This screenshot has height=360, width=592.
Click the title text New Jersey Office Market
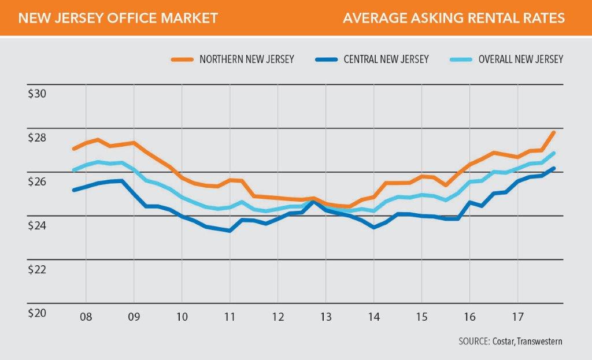click(x=118, y=18)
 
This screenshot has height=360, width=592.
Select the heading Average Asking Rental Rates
click(x=453, y=18)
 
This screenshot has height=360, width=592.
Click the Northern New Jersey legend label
click(x=247, y=60)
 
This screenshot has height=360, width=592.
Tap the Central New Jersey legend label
click(x=386, y=60)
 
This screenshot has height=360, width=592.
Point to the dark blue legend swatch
click(x=326, y=60)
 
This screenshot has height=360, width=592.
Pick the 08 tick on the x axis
click(x=86, y=317)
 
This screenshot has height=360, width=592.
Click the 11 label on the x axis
click(x=230, y=317)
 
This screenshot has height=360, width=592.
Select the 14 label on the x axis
click(x=374, y=317)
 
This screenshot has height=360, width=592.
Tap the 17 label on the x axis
click(x=518, y=317)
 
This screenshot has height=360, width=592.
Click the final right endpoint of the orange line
click(x=554, y=132)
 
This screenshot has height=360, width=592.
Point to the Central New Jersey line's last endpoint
click(x=554, y=169)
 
